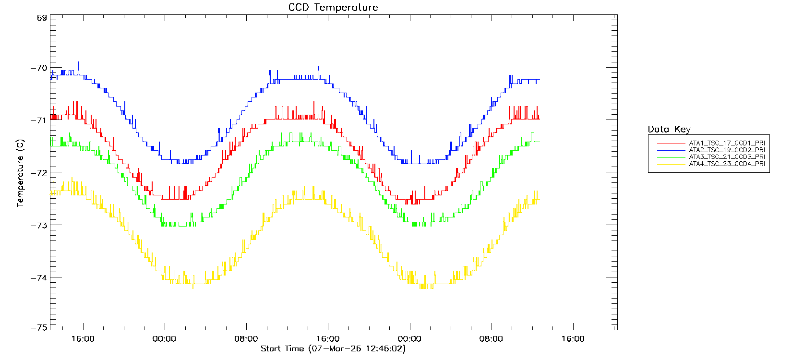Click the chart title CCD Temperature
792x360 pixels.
(x=333, y=8)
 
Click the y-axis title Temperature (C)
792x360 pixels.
(x=20, y=173)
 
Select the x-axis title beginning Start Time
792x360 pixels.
(x=333, y=349)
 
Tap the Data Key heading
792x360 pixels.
(x=669, y=129)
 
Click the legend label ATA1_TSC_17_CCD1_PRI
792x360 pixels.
(x=727, y=143)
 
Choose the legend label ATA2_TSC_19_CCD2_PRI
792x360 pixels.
(x=727, y=150)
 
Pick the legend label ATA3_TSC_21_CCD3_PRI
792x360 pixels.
(x=727, y=157)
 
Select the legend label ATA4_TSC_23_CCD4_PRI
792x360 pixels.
(x=727, y=164)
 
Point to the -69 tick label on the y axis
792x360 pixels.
(x=38, y=18)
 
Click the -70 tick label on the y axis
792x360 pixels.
(x=38, y=68)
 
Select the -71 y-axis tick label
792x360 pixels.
(x=38, y=120)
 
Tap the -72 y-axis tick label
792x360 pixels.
(x=38, y=172)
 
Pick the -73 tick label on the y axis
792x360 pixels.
(x=38, y=225)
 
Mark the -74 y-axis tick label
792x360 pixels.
(x=38, y=277)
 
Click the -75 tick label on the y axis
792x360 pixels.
(x=38, y=327)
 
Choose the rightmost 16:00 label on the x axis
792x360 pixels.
(x=573, y=339)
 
